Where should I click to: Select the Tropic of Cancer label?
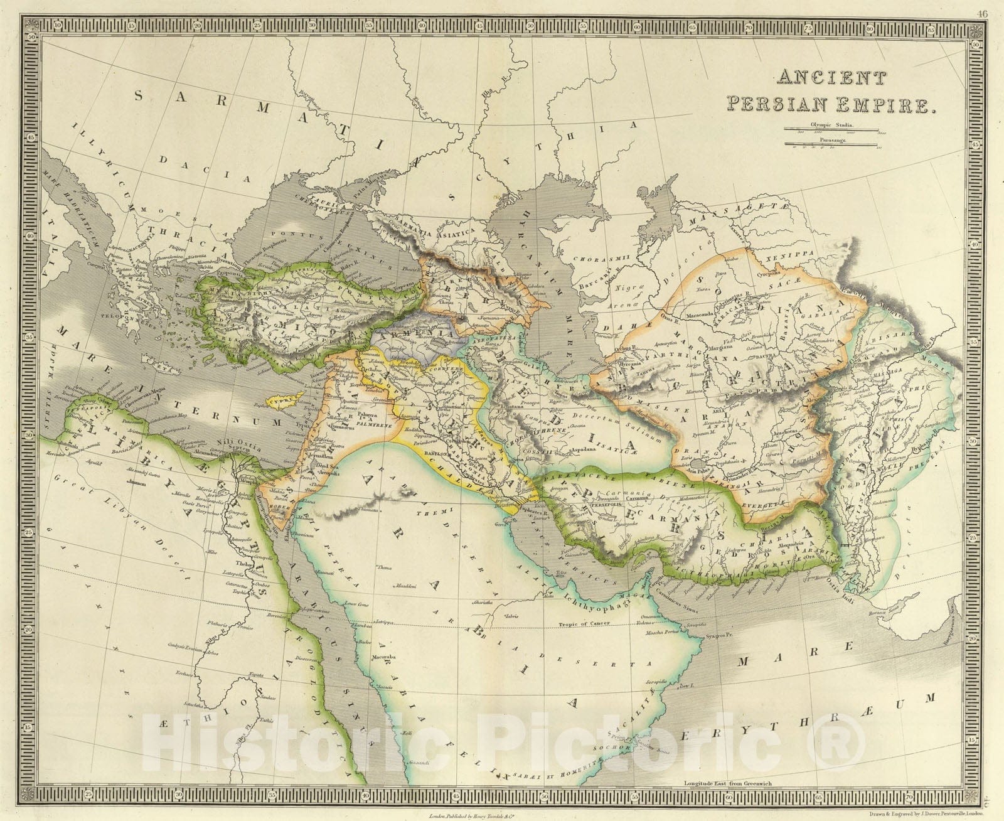pyautogui.click(x=582, y=626)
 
